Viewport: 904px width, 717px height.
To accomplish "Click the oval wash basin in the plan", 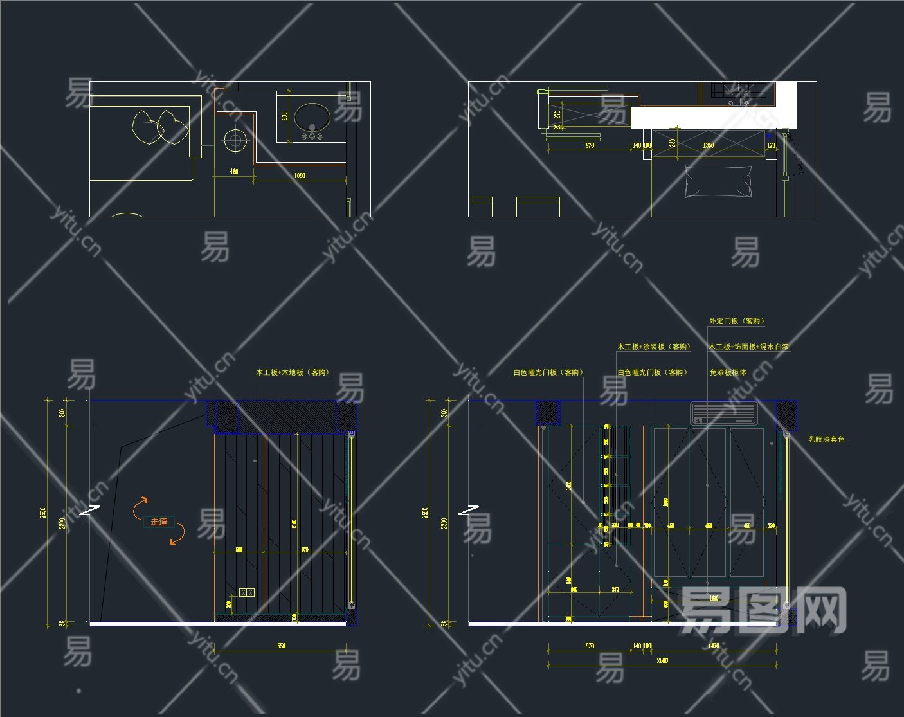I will [x=312, y=118].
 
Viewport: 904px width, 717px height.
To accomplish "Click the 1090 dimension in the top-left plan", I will [x=300, y=175].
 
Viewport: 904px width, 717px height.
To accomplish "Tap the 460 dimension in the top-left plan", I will [x=234, y=172].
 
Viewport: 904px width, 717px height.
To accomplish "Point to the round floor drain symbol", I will [x=235, y=140].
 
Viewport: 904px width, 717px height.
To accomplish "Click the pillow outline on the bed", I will [x=718, y=181].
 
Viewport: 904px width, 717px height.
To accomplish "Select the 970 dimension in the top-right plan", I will [x=590, y=145].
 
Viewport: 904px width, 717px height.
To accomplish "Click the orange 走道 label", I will [x=159, y=522].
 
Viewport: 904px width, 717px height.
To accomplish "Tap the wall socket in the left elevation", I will [x=247, y=592].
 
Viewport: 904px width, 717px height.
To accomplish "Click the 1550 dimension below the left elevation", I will [x=280, y=645].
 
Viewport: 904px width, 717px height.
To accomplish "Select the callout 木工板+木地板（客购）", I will [x=293, y=372].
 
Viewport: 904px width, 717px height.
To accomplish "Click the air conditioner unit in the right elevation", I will [x=725, y=413].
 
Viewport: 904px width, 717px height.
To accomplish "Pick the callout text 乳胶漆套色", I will [x=826, y=440].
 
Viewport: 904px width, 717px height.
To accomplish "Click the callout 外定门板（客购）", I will [x=737, y=321].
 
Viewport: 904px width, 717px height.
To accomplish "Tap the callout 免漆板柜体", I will [x=728, y=372].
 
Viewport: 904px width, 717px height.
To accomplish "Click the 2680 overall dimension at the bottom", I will [x=662, y=660].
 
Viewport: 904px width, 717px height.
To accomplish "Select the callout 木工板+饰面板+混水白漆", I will [x=748, y=347].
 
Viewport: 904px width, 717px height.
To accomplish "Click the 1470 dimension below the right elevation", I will [x=714, y=645].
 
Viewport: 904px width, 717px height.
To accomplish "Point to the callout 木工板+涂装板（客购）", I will [x=654, y=347].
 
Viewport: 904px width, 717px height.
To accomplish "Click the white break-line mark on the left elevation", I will [x=91, y=511].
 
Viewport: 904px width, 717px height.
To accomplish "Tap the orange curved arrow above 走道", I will [x=140, y=507].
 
